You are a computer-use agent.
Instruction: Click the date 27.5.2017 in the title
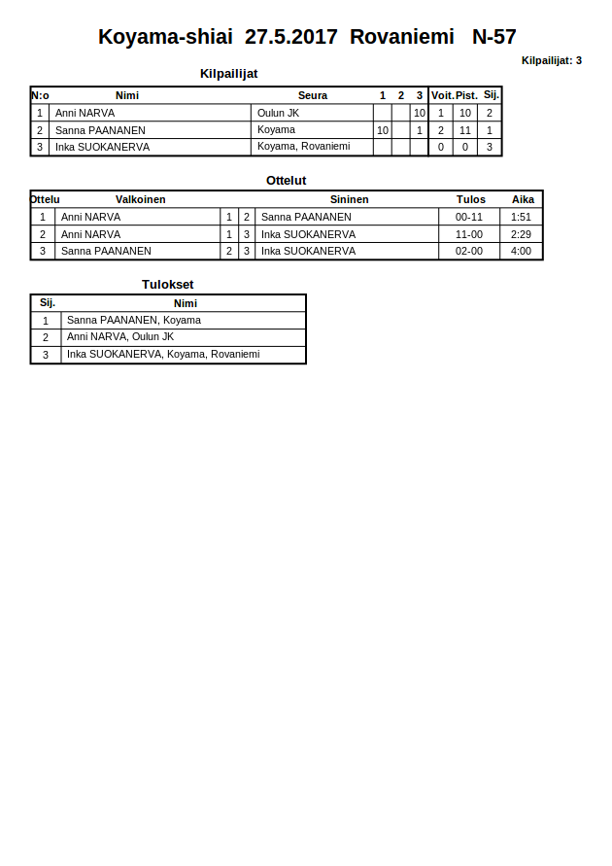(290, 37)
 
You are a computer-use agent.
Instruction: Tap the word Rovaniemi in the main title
(401, 37)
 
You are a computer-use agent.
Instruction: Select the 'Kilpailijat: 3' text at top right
(551, 60)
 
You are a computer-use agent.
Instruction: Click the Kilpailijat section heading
(228, 74)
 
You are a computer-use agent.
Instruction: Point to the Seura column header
(312, 95)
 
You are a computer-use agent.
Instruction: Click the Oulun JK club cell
(278, 113)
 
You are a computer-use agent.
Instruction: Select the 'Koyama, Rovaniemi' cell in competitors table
(303, 147)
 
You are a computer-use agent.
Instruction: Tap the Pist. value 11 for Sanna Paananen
(465, 130)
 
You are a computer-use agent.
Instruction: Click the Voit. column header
(442, 95)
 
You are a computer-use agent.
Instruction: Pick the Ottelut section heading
(286, 181)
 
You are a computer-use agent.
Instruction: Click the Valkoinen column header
(140, 199)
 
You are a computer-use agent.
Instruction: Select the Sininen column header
(349, 199)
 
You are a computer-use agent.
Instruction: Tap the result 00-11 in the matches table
(469, 217)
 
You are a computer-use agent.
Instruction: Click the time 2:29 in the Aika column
(521, 234)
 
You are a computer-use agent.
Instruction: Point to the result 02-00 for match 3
(469, 251)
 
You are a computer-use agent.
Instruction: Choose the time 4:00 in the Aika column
(521, 251)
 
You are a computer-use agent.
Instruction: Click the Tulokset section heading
(168, 285)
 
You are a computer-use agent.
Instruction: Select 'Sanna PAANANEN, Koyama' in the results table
(133, 320)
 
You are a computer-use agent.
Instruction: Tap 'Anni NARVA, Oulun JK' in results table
(119, 337)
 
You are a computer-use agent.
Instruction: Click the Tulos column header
(470, 199)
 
